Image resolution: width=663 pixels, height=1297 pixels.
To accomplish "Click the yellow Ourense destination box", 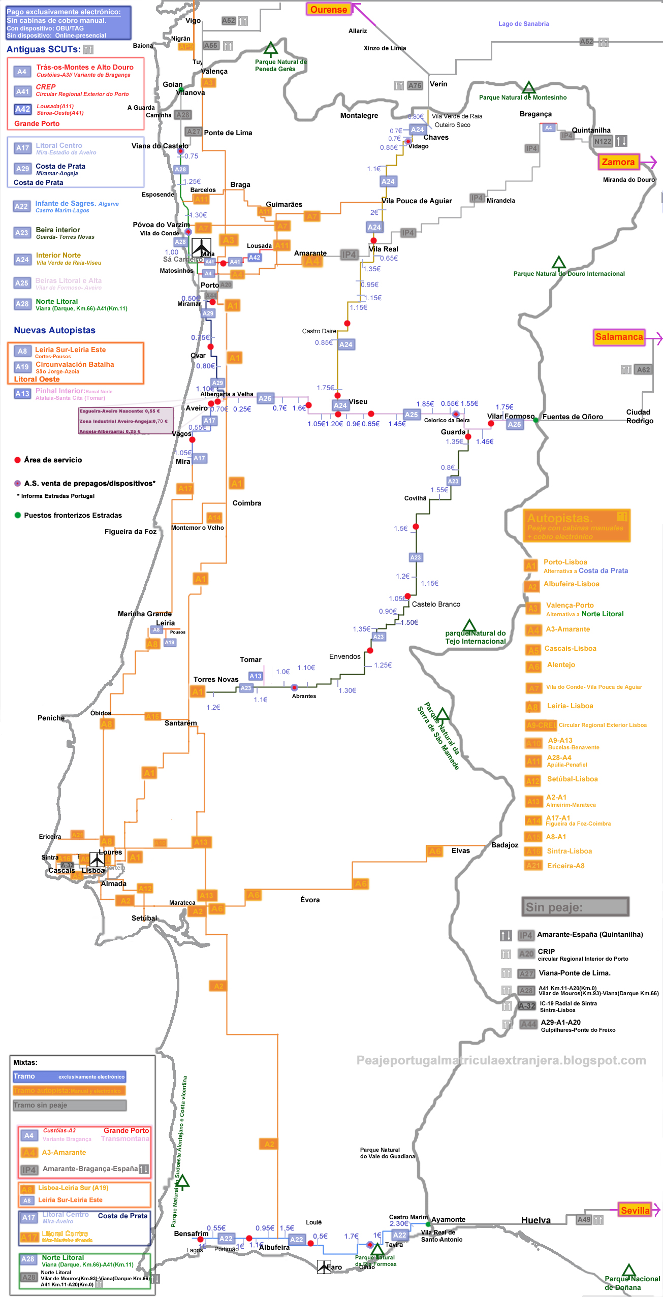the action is tap(328, 9).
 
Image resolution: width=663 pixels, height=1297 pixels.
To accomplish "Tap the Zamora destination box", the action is tap(618, 162).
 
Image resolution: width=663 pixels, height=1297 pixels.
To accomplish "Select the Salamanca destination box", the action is tap(619, 337).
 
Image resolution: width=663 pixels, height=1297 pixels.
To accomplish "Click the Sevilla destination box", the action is tap(635, 1210).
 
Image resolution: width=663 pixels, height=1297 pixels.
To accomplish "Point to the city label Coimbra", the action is tap(247, 503).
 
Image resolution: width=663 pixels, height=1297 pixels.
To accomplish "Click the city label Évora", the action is tap(310, 900).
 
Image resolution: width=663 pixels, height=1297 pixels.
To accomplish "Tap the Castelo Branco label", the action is tap(436, 604).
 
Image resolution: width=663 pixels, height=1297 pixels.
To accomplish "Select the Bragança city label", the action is tap(535, 114).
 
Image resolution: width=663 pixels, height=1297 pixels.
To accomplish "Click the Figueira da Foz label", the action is tap(131, 531).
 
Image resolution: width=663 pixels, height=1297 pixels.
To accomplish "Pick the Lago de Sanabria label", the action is tap(523, 24).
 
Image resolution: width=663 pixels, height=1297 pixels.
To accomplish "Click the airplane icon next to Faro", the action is tap(324, 1267).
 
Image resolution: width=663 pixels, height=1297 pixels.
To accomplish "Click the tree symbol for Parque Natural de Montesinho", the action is tap(529, 88).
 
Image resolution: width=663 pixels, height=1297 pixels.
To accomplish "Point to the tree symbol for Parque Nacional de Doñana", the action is tap(628, 1270).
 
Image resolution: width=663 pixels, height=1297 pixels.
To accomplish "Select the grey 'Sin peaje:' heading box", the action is tap(575, 907).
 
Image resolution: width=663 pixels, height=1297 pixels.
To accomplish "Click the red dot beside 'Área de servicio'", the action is tap(18, 460).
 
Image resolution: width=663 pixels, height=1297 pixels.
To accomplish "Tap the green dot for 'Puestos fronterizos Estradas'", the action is tap(18, 515).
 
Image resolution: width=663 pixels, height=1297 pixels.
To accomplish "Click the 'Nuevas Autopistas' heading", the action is tap(54, 330).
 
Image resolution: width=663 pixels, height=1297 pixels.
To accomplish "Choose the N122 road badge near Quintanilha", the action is tap(603, 141).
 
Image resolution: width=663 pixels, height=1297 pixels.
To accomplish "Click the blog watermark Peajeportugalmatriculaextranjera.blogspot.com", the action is tap(501, 1060).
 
